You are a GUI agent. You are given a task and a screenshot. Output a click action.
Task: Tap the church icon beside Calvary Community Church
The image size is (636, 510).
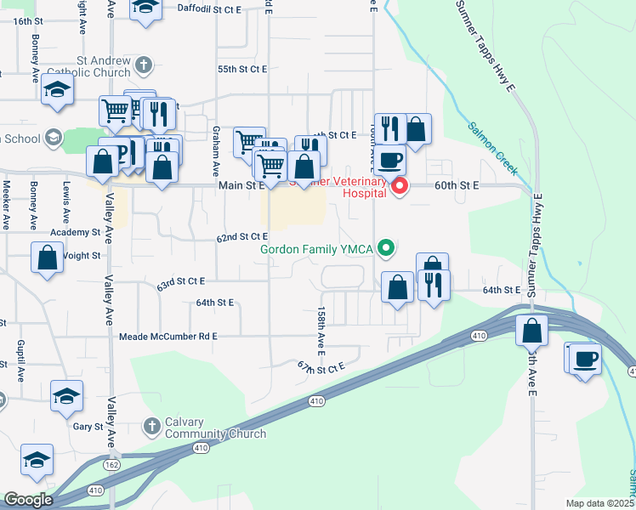pos(151,425)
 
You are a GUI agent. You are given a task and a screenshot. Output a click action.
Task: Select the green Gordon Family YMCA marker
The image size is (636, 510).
pos(387,248)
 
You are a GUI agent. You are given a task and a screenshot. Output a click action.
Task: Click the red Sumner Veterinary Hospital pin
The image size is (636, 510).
pos(398,186)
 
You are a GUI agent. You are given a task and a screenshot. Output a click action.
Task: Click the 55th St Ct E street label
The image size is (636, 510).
pos(243,68)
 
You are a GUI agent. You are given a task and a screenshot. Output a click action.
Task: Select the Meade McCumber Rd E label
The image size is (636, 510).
pos(168,337)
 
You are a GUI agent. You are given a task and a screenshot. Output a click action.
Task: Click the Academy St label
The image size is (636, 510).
pos(75,232)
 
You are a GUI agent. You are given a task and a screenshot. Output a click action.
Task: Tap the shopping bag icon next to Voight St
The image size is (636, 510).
pos(48,257)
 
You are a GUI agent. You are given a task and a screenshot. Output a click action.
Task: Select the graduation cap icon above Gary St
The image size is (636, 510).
pos(66,396)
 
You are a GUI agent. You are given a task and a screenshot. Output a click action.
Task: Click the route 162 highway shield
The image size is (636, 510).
pos(112,465)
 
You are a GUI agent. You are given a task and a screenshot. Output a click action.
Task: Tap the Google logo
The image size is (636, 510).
pos(29,500)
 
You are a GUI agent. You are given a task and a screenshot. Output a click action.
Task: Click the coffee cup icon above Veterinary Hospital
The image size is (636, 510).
pos(390,159)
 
